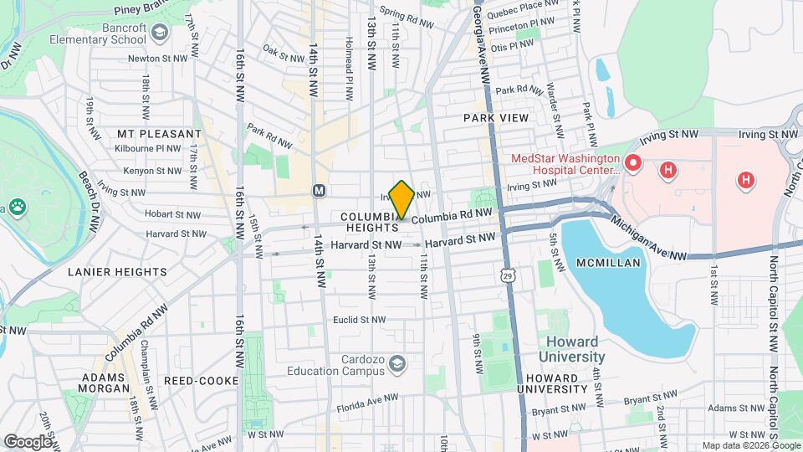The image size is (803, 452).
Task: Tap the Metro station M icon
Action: pos(319,191)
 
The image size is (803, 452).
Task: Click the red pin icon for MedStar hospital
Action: pos(633,162)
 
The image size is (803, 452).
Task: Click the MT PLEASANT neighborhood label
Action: pos(159,134)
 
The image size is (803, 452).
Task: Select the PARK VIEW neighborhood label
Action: pos(496,118)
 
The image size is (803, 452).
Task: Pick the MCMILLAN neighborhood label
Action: pos(608,263)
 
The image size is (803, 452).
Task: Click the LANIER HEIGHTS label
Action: pos(118,272)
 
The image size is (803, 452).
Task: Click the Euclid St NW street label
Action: pos(359,320)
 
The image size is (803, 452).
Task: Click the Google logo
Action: pos(28,441)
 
